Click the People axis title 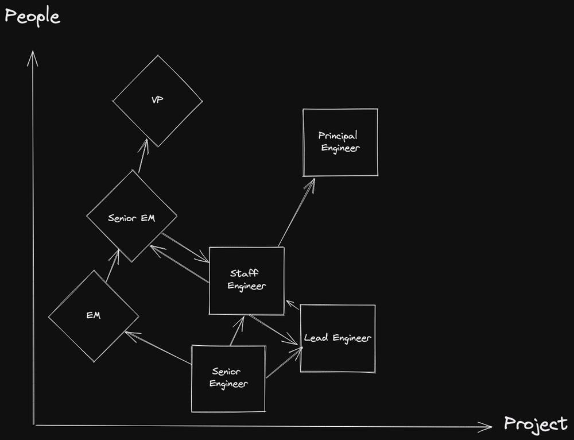tap(32, 16)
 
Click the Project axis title tap(536, 424)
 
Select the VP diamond tap(157, 101)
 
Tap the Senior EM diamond tap(131, 217)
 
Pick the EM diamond tap(94, 316)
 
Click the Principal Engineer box tap(340, 142)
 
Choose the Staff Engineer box tap(247, 280)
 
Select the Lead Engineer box tap(338, 338)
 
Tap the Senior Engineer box tap(228, 379)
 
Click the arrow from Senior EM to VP tap(142, 156)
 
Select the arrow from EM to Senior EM tap(113, 266)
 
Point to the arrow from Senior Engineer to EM tap(158, 348)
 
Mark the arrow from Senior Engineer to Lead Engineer tap(284, 363)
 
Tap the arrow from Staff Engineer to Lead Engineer tap(273, 330)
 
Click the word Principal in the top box tap(338, 136)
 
